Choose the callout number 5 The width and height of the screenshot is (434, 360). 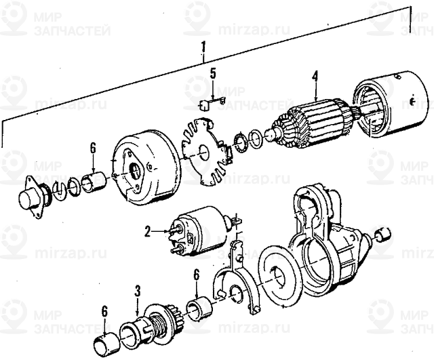click(212, 74)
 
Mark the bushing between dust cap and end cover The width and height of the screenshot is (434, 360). click(94, 183)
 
